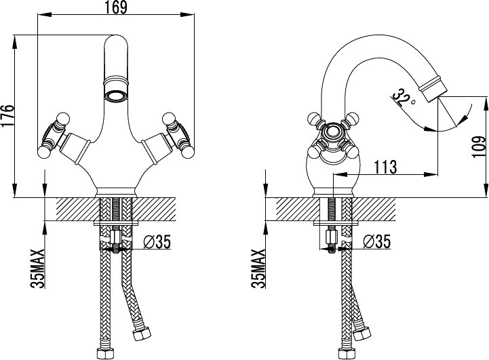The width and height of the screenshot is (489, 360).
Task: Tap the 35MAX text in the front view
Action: point(39,269)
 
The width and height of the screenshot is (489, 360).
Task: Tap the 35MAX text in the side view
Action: point(258,269)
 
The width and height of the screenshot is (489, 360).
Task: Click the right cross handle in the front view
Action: point(176,134)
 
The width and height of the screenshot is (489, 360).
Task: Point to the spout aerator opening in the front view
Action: point(116,93)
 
